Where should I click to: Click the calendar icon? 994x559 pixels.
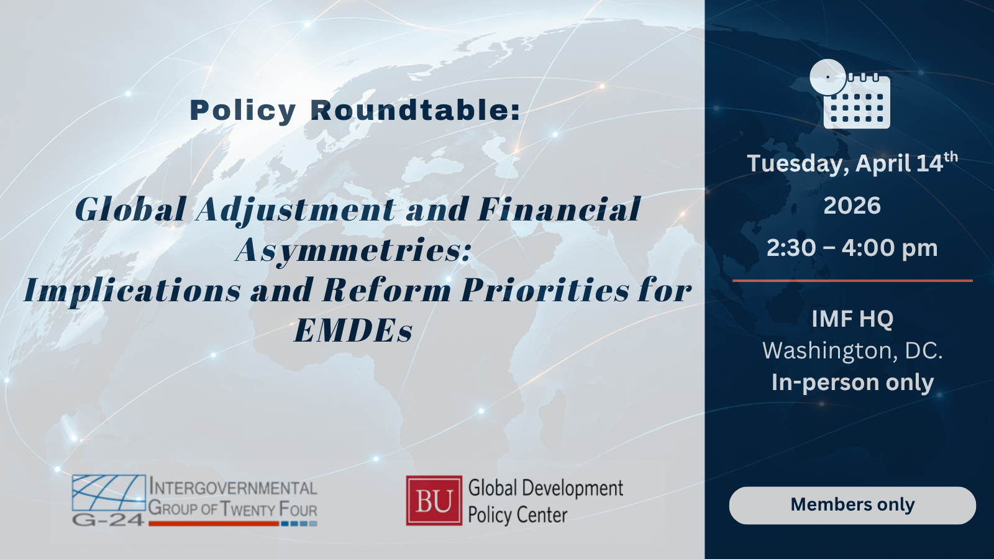click(x=850, y=94)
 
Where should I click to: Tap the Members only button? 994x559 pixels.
click(x=852, y=506)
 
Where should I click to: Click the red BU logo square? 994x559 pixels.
click(x=434, y=501)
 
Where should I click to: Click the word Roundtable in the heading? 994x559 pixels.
click(x=416, y=110)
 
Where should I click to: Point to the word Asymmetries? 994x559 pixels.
click(x=353, y=250)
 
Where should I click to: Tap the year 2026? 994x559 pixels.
click(x=852, y=206)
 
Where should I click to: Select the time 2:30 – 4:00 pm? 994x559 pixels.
click(x=852, y=248)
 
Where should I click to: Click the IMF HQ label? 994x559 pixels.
click(x=852, y=319)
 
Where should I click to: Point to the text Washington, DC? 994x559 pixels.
click(x=852, y=351)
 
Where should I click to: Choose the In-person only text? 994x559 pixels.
click(x=852, y=383)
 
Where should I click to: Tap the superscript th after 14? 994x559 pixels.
click(x=951, y=157)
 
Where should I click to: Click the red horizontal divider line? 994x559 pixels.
click(x=852, y=280)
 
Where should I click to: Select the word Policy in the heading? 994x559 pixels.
click(x=243, y=111)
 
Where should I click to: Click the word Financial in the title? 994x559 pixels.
click(x=559, y=209)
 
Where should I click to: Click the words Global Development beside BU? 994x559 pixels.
click(x=546, y=488)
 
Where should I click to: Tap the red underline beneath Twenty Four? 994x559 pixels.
click(x=214, y=524)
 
